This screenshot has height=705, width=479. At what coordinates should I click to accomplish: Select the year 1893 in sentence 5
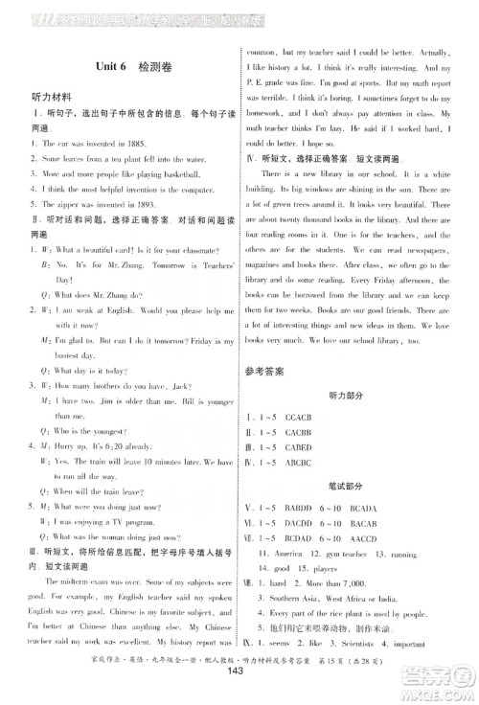132,202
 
